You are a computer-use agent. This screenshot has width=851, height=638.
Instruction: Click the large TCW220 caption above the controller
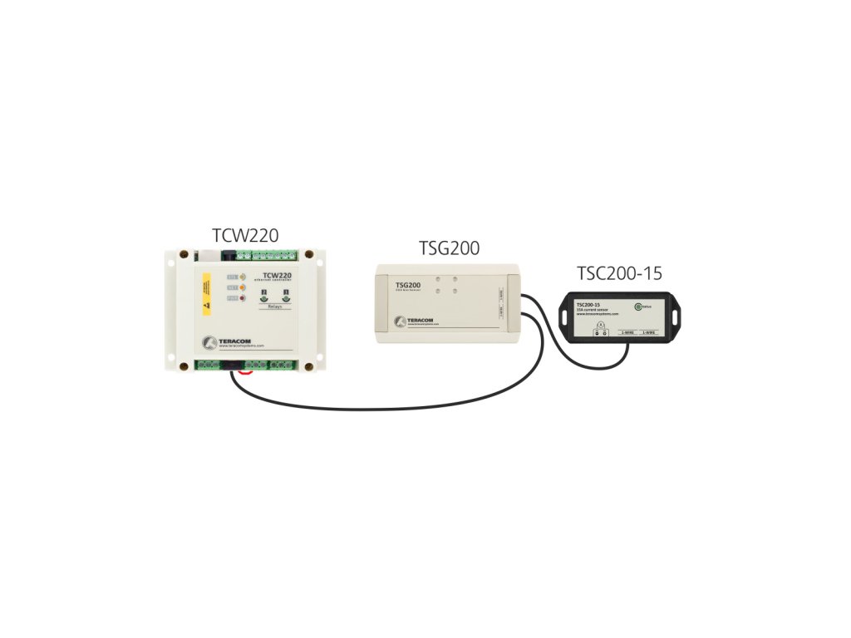point(245,235)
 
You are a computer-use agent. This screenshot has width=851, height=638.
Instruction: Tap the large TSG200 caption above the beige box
point(449,248)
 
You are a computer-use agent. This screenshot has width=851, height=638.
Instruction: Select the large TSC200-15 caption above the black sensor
point(619,273)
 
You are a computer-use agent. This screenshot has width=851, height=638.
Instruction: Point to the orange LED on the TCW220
point(243,277)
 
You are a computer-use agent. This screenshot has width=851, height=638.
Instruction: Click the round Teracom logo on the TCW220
point(212,341)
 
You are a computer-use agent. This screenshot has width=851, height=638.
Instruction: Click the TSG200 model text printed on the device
point(406,285)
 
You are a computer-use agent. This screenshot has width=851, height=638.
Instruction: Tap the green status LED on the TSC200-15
point(637,307)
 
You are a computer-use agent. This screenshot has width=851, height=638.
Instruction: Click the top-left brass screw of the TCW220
point(183,253)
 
